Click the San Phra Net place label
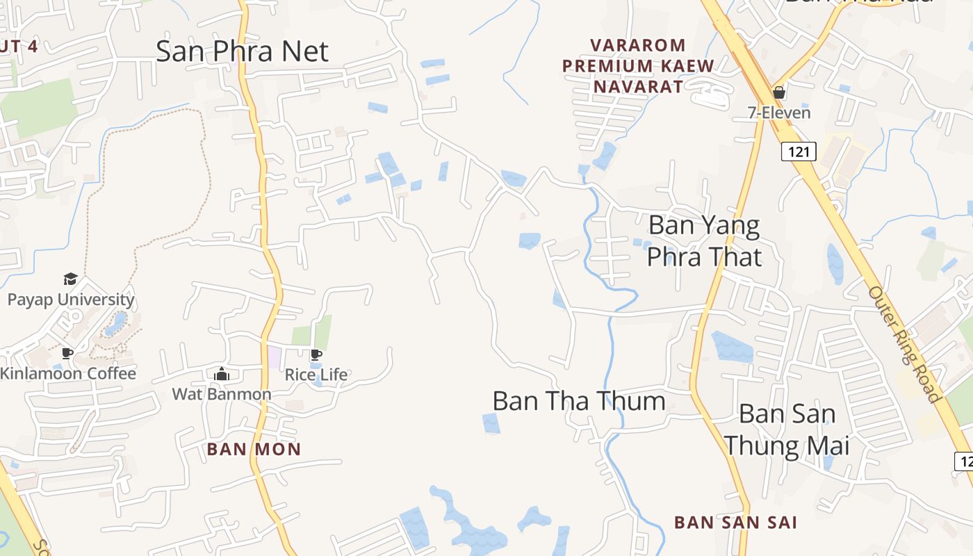point(242,51)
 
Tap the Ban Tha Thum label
point(578,401)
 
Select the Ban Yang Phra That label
point(704,240)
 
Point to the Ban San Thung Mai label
point(787,429)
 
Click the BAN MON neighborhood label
point(254,449)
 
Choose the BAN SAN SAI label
point(735,522)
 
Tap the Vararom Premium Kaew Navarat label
point(638,66)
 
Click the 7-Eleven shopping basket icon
point(779,92)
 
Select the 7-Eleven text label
point(779,112)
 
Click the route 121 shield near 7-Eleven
point(798,151)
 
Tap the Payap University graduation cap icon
point(70,279)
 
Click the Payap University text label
point(70,300)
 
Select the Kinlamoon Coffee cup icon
point(67,354)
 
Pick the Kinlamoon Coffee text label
point(68,373)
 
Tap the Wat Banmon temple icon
point(222,375)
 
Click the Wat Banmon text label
point(222,394)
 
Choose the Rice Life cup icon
point(316,355)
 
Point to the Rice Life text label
point(316,375)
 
